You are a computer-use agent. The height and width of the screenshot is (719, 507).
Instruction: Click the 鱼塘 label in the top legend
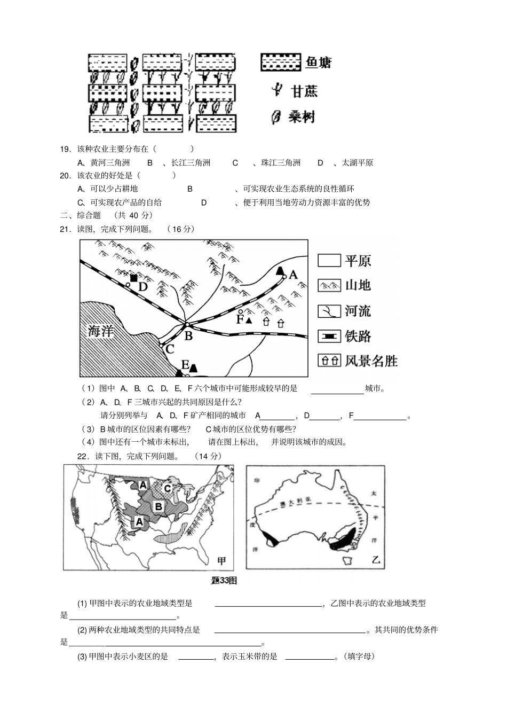(318, 63)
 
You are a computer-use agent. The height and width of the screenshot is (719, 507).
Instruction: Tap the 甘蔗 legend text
(304, 91)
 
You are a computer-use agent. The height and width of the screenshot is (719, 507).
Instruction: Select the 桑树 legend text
(302, 117)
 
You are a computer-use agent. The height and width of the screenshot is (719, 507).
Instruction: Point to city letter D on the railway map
(142, 287)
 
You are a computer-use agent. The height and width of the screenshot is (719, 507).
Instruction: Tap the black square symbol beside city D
(133, 278)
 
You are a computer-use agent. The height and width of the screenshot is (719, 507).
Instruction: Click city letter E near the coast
(185, 365)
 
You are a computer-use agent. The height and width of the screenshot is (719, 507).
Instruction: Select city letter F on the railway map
(240, 319)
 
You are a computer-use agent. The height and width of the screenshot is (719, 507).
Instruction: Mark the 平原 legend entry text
(358, 261)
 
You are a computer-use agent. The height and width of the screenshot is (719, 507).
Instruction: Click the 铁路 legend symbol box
(329, 336)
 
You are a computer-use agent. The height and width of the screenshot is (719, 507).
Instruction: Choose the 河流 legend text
(358, 311)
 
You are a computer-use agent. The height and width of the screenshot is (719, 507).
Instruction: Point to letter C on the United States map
(167, 488)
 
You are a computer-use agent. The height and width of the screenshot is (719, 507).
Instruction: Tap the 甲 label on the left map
(221, 560)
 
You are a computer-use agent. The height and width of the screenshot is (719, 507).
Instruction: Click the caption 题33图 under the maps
(224, 581)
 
